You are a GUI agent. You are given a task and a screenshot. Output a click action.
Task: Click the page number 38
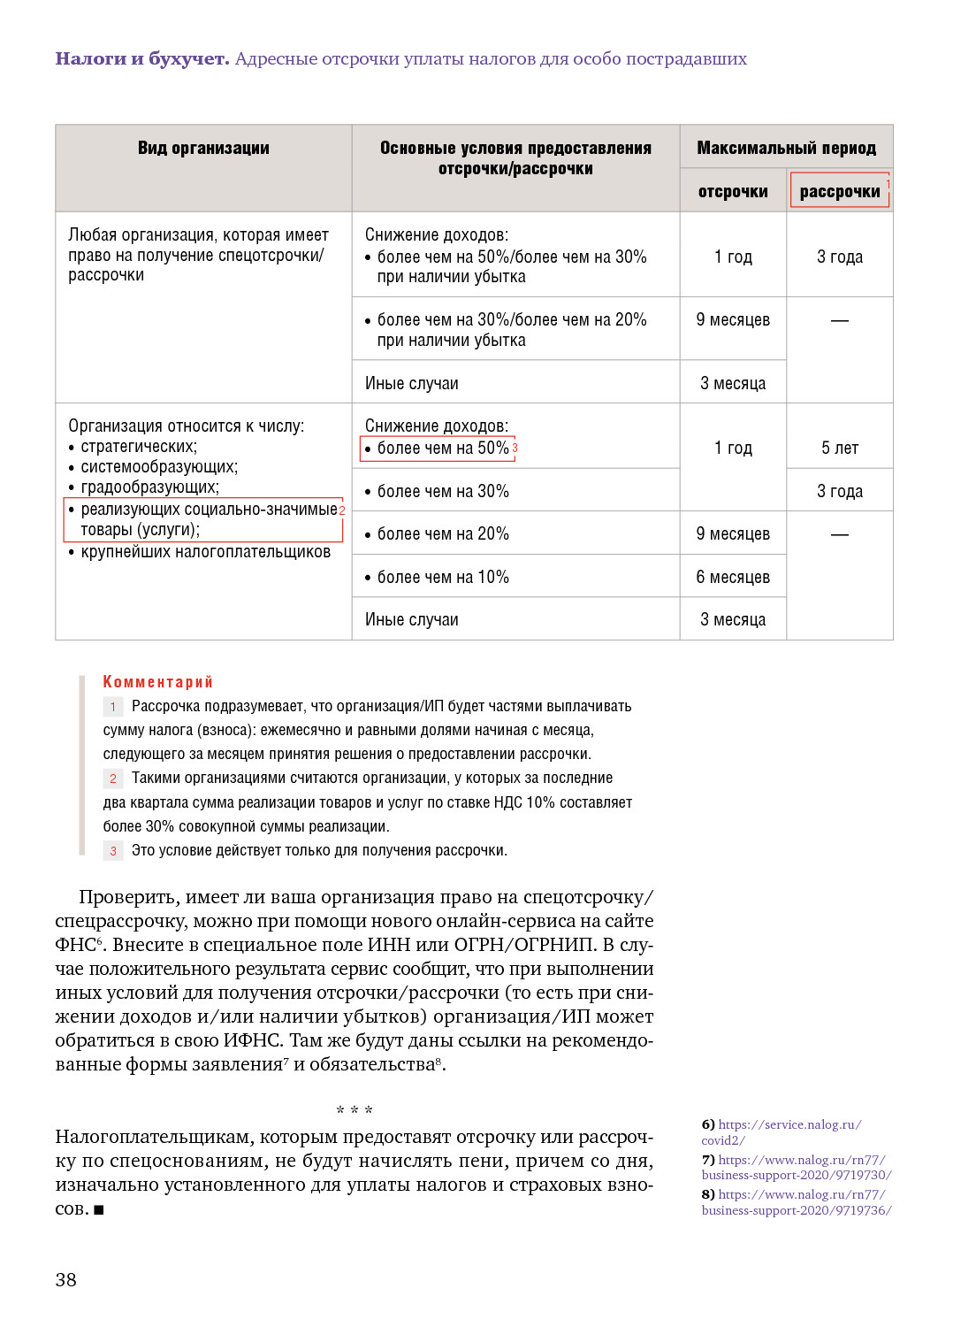pos(66,1279)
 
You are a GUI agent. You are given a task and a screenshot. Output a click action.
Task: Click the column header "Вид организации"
pos(203,149)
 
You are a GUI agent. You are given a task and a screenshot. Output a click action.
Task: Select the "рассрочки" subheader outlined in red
pos(840,191)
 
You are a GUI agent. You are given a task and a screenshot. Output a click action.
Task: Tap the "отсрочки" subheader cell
pos(733,192)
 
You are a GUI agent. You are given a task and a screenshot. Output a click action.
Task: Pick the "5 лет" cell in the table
pos(840,449)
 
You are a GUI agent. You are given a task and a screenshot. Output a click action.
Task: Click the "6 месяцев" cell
pos(733,578)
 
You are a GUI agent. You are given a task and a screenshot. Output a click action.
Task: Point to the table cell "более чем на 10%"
pos(443,578)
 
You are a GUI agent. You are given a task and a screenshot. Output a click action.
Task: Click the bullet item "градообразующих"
pos(149,487)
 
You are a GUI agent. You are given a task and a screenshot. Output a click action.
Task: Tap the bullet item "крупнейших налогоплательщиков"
pos(205,552)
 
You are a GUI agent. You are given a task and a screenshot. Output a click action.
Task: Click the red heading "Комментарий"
pos(158,682)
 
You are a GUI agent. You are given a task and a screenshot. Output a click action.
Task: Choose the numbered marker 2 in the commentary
pos(113,779)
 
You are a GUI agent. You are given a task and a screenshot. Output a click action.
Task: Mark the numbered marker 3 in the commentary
pos(113,851)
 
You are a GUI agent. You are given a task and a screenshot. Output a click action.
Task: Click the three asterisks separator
pos(355,1110)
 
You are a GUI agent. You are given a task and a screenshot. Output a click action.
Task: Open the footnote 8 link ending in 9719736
pos(797,1210)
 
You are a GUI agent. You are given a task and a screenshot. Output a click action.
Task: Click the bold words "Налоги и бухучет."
pos(142,59)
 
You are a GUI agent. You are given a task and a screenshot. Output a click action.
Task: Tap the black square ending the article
pos(99,1209)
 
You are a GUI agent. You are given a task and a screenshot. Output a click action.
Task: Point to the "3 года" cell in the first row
pos(840,257)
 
